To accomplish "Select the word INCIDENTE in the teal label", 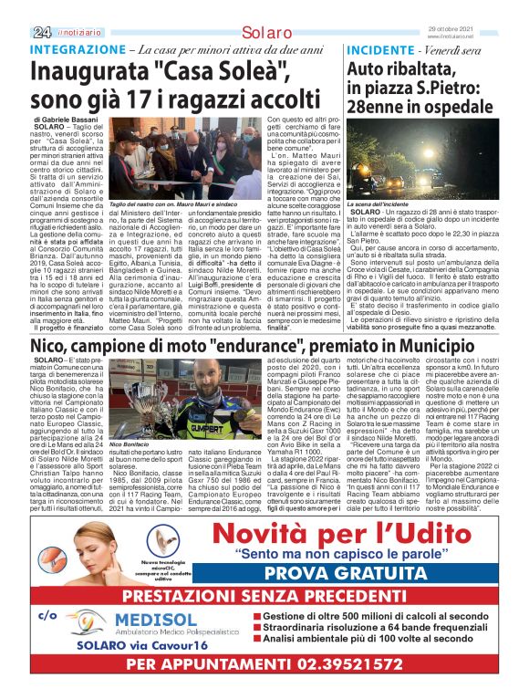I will point(379,47).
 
